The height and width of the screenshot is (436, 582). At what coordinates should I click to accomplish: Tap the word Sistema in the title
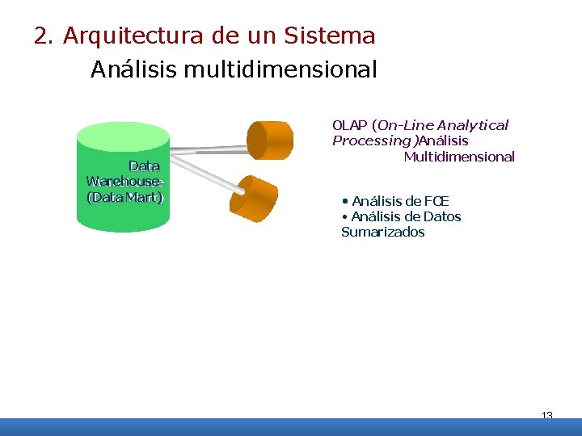[330, 36]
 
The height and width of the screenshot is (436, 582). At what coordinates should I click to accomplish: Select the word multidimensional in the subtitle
[280, 70]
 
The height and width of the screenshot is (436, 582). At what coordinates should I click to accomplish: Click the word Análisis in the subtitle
[134, 70]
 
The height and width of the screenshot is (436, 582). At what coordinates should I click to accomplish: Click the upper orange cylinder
[270, 139]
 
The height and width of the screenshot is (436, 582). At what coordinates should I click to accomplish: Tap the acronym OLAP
[349, 125]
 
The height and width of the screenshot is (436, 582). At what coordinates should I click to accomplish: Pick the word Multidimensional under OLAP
[459, 157]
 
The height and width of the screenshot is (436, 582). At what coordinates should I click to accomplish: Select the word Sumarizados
[382, 233]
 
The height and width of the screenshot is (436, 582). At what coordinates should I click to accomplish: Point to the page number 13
[546, 416]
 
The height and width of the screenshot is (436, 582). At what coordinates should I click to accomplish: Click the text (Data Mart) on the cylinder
[126, 197]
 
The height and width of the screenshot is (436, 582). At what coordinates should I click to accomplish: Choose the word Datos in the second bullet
[442, 216]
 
